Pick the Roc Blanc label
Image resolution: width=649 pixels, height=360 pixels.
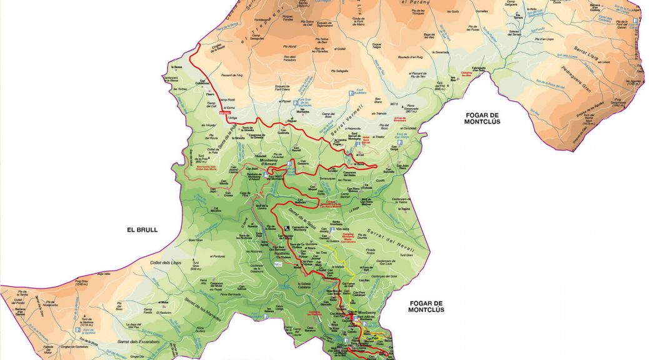pyautogui.click(x=377, y=101)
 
